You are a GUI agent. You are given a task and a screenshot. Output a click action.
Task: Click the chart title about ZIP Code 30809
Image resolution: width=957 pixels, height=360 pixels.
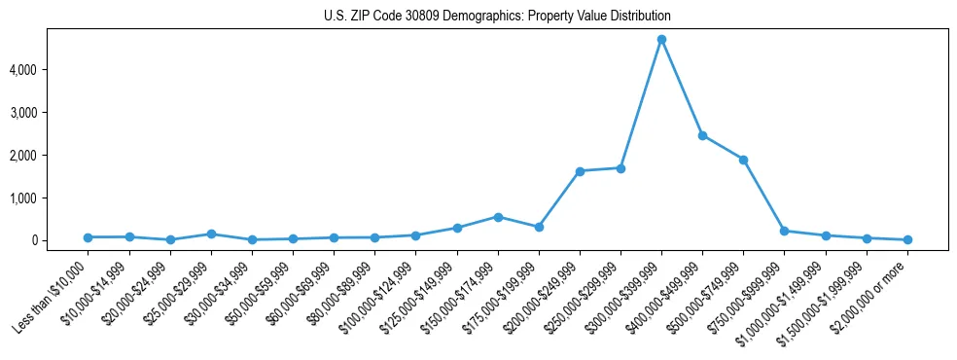point(497,17)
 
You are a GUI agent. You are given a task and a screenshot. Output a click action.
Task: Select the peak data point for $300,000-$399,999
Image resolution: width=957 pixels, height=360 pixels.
point(661,40)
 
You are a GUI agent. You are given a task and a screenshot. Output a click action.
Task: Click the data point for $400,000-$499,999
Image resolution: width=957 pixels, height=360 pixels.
point(702,135)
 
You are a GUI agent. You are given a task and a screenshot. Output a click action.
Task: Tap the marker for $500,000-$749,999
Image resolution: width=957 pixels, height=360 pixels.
point(743,160)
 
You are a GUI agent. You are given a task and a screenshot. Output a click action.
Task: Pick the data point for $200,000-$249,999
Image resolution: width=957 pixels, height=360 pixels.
point(580,171)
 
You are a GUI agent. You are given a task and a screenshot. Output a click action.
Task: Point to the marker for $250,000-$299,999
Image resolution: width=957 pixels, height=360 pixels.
point(620,168)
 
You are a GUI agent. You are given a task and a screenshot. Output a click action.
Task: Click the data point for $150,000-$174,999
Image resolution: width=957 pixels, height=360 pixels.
point(498,217)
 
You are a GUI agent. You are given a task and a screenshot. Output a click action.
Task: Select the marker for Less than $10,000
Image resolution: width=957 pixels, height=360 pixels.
point(89,237)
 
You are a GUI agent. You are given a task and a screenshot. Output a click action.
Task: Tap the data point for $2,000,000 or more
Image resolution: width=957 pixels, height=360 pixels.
point(907,239)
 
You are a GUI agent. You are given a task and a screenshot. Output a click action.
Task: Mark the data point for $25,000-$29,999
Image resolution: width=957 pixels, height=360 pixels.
point(211,234)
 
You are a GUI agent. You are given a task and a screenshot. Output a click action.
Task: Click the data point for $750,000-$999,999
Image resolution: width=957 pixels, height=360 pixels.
point(784,231)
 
